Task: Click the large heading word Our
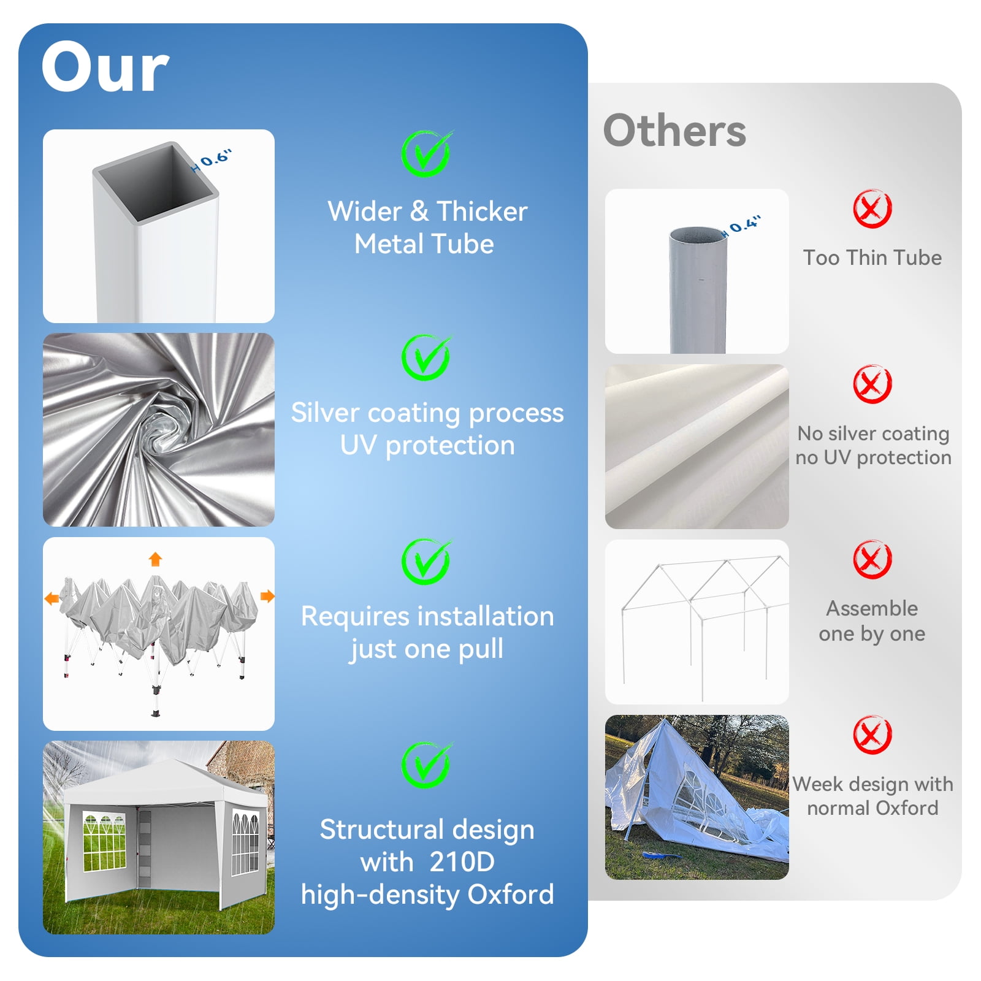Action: (105, 67)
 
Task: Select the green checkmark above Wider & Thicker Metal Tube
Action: (426, 153)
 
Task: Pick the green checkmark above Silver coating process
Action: (426, 357)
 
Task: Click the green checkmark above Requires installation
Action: (426, 562)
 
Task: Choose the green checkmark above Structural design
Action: (426, 765)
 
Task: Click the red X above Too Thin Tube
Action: (872, 208)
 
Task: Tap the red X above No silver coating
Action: (872, 384)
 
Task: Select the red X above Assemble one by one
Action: (872, 559)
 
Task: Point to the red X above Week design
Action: (872, 735)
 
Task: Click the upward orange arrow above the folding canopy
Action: (155, 559)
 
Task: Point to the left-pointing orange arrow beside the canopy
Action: (52, 598)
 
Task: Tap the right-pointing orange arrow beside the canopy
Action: (267, 596)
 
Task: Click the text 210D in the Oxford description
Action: (462, 862)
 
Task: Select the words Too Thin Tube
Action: (872, 258)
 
